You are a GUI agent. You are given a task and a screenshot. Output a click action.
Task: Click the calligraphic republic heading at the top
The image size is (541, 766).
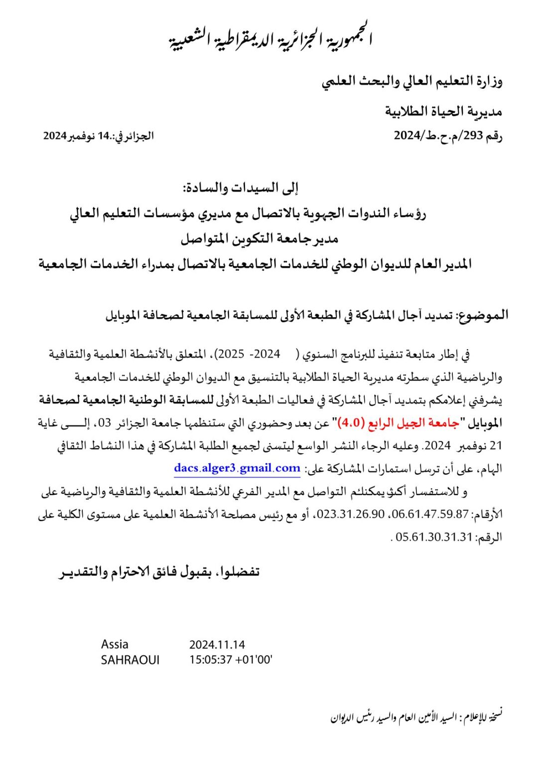coord(270,39)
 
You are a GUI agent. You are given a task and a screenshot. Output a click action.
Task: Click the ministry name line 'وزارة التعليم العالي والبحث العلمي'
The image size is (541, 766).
coord(412,81)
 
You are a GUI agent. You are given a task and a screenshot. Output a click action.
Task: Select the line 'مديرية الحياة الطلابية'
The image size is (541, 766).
coord(443,111)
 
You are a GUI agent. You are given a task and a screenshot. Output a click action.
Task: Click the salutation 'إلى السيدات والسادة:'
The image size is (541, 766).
coord(241,188)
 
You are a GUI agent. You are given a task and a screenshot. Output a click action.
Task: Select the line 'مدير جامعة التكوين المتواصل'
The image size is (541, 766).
coord(260,239)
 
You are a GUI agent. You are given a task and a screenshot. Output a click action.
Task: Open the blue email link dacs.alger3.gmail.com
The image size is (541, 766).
coord(237,468)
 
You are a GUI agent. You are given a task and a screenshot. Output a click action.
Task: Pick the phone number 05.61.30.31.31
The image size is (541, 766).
coord(434,537)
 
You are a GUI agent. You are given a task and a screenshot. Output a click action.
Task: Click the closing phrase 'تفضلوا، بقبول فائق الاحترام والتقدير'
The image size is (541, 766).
coord(160,572)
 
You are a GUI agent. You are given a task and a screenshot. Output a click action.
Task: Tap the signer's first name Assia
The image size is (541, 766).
coord(115,644)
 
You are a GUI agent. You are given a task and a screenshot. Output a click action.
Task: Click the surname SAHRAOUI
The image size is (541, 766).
coord(130,660)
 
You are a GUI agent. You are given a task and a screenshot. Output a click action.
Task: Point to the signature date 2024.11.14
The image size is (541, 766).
coord(217,645)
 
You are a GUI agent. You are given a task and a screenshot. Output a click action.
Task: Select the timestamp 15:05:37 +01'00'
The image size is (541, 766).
coord(231,660)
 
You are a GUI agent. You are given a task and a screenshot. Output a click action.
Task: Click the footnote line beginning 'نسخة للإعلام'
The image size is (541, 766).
coord(416,717)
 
